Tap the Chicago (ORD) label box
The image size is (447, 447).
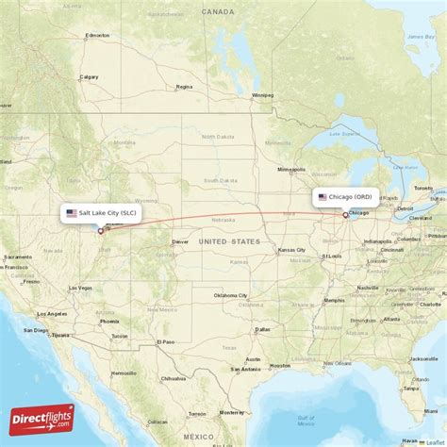pos(346,197)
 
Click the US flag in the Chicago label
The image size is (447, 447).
pos(323,197)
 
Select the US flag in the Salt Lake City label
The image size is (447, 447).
pos(72,213)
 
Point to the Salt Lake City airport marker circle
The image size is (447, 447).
pos(101,230)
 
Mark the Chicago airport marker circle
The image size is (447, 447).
pos(345,214)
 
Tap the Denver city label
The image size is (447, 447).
pos(181,241)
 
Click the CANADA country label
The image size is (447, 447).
pos(217,12)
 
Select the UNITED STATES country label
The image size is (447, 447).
pos(229,241)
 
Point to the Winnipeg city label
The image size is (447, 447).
pos(262,95)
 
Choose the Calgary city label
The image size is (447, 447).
pos(90,77)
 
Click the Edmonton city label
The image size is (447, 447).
pos(97,36)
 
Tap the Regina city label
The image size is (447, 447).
pos(184,87)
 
